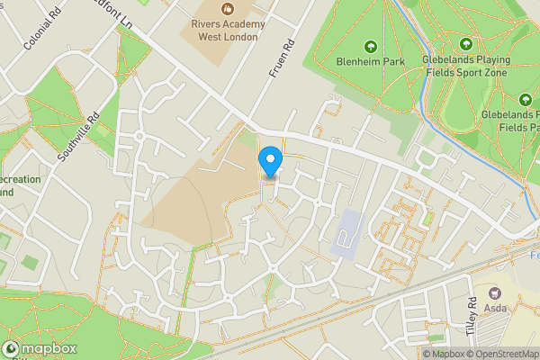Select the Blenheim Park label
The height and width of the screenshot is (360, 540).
(x=370, y=61)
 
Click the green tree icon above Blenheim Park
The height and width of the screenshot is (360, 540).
(x=370, y=45)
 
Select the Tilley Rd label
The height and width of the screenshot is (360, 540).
(x=470, y=316)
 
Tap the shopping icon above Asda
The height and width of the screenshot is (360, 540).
(x=494, y=292)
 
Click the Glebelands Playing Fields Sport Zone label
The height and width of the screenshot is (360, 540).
(x=466, y=67)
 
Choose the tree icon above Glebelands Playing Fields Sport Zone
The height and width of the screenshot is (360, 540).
(x=466, y=44)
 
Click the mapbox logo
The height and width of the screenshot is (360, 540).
(x=40, y=348)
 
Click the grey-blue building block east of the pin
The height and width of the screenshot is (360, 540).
(x=346, y=232)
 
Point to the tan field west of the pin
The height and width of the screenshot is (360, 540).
(x=193, y=198)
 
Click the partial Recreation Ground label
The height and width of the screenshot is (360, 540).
(x=18, y=185)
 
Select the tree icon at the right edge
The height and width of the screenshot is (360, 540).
(x=526, y=100)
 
